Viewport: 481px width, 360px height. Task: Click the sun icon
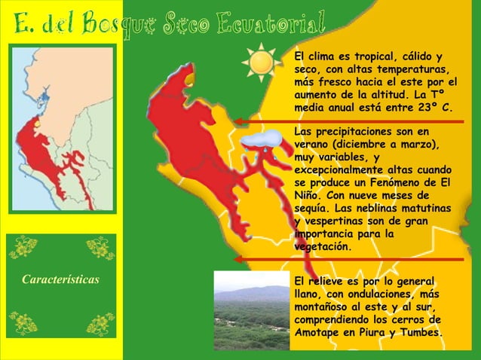262,62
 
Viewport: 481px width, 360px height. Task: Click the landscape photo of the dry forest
251,310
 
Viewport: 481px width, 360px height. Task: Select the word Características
61,280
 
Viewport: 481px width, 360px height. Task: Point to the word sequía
311,209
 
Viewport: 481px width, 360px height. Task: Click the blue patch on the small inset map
44,96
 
